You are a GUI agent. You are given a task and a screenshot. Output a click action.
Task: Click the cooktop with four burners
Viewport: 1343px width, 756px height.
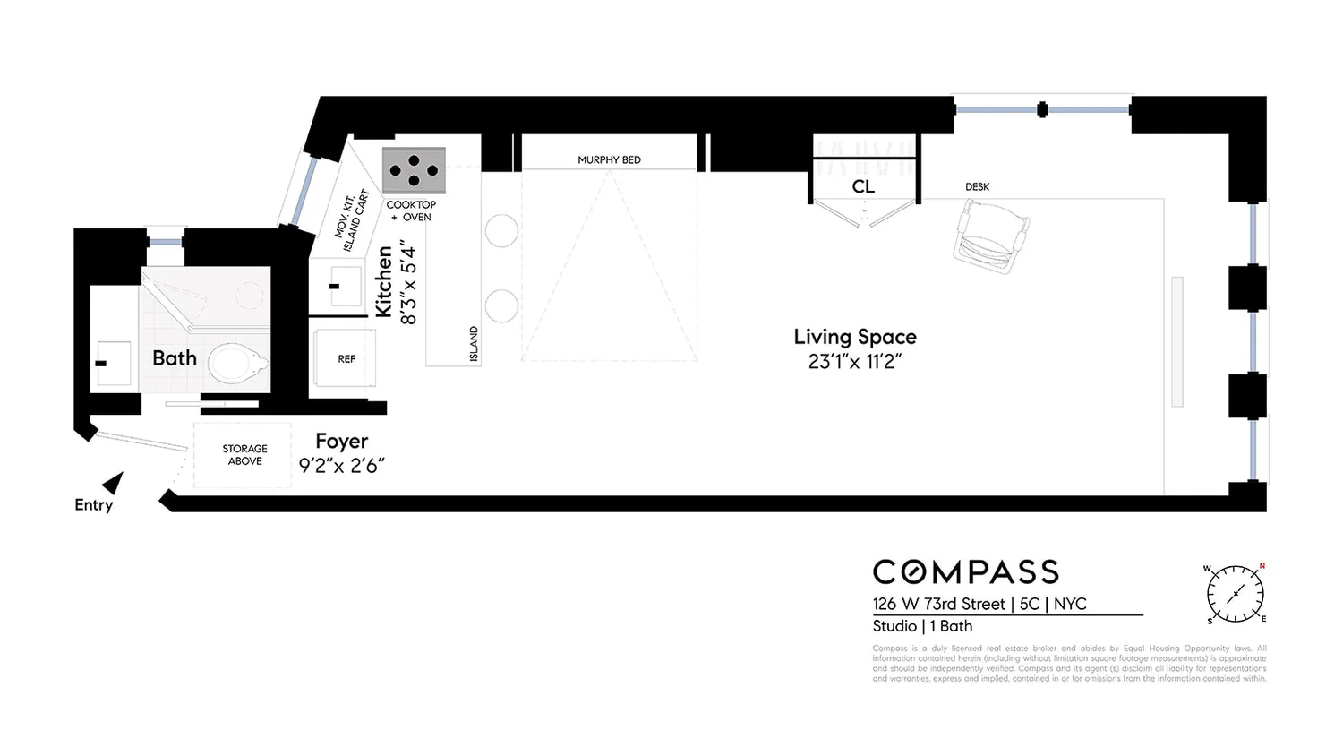[x=414, y=170]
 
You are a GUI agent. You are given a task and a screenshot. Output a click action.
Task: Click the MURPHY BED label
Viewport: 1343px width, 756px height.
[x=609, y=160]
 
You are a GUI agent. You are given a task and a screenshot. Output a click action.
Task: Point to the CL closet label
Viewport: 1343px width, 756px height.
[x=863, y=186]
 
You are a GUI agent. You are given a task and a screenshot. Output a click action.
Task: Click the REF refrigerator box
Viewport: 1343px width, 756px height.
[x=346, y=358]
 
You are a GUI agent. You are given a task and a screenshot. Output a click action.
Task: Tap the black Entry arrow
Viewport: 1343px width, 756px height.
[x=113, y=484]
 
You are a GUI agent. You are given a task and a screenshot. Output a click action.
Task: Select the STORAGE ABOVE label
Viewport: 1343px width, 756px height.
[x=244, y=455]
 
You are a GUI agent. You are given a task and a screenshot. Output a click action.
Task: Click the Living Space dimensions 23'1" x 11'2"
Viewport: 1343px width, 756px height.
[x=854, y=362]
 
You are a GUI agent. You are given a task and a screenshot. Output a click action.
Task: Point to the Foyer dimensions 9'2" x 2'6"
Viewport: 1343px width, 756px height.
[x=341, y=466]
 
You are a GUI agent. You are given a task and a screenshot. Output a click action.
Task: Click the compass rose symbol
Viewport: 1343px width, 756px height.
[x=1235, y=593]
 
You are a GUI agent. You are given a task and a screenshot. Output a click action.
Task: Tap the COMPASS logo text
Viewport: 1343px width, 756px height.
[x=965, y=572]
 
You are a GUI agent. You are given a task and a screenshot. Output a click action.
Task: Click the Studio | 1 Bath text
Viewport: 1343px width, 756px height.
[x=922, y=626]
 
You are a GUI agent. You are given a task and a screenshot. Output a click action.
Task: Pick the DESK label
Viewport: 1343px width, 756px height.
[x=977, y=187]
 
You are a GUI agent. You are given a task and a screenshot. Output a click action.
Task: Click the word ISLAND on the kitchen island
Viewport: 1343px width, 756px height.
[x=474, y=344]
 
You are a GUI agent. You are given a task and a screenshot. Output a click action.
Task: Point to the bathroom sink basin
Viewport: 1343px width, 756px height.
[x=113, y=363]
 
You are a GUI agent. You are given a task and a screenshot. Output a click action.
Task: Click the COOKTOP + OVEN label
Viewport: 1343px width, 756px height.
[x=411, y=210]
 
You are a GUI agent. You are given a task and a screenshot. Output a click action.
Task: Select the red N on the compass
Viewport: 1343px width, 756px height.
[x=1262, y=566]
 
